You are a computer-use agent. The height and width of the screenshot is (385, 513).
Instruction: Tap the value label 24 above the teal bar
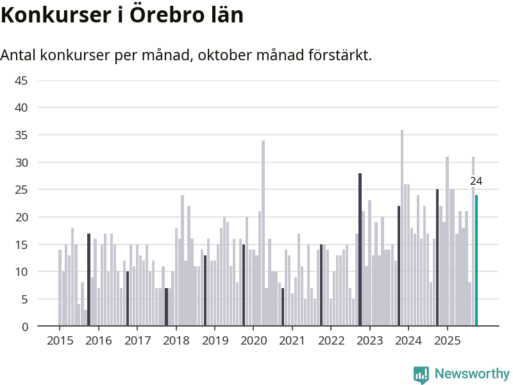[x=476, y=182]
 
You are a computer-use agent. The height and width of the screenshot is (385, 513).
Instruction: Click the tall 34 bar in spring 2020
[x=263, y=234]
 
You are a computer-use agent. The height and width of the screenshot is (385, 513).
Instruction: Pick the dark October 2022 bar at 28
[x=360, y=250]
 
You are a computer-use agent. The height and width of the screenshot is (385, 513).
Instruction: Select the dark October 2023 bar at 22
[x=399, y=266]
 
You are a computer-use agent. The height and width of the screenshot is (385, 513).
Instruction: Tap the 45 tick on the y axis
[x=21, y=81]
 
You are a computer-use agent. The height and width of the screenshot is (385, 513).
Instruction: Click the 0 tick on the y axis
[x=25, y=327]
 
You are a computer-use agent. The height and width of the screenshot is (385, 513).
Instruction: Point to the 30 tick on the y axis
[x=21, y=163]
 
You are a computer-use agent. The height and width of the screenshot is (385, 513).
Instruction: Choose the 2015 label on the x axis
[x=60, y=340]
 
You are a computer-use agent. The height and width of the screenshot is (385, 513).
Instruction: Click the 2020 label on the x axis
[x=253, y=340]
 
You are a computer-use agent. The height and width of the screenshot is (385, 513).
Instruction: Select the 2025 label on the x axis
[x=447, y=340]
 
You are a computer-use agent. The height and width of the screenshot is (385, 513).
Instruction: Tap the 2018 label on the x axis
[x=176, y=340]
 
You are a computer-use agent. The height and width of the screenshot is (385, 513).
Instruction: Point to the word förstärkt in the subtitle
[x=341, y=55]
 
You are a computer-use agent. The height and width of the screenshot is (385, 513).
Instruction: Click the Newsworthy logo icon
[x=421, y=375]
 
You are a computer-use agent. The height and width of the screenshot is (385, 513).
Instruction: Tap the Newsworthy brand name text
[x=472, y=373]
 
